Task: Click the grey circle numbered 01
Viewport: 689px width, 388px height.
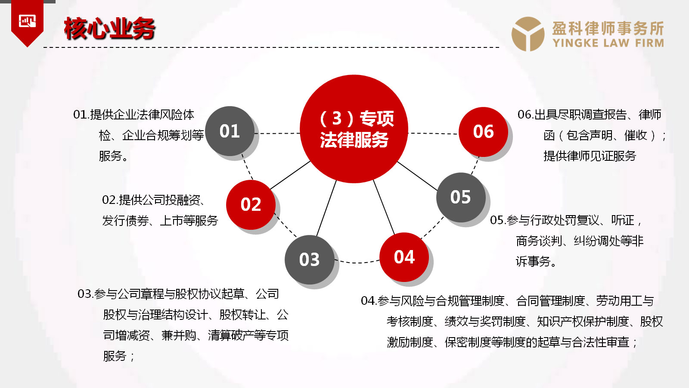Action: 230,131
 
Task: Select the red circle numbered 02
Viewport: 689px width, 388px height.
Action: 251,205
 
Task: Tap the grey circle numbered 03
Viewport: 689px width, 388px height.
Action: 310,260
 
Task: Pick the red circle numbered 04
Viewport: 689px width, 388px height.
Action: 404,257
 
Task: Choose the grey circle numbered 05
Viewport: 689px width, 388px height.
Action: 461,197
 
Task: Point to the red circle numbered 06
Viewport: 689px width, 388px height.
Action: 483,132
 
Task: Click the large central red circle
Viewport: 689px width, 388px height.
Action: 354,129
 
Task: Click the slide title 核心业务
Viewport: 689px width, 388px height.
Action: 109,28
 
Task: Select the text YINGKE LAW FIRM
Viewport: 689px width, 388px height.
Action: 608,43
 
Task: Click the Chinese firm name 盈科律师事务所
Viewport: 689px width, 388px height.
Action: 608,28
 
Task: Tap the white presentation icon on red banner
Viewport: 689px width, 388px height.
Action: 28,21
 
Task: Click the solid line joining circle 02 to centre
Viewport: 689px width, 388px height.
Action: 290,175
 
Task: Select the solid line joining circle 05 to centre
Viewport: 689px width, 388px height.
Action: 417,176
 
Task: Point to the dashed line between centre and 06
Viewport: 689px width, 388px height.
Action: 433,134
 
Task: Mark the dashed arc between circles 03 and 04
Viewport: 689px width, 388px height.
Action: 357,263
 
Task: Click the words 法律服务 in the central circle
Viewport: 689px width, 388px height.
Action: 354,140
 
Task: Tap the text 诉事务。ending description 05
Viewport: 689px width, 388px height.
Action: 536,262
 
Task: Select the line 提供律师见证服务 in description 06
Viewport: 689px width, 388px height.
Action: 590,156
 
